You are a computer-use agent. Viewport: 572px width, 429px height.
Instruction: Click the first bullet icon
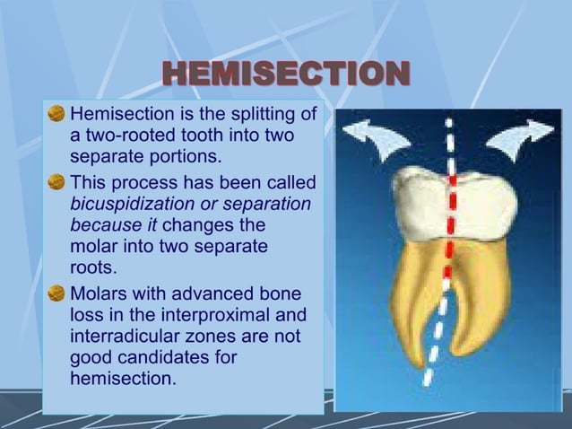[56, 115]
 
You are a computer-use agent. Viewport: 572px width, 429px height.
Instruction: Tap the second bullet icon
[56, 182]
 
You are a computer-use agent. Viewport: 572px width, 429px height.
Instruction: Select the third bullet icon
[56, 293]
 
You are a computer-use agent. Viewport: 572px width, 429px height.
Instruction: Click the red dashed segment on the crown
[451, 215]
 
